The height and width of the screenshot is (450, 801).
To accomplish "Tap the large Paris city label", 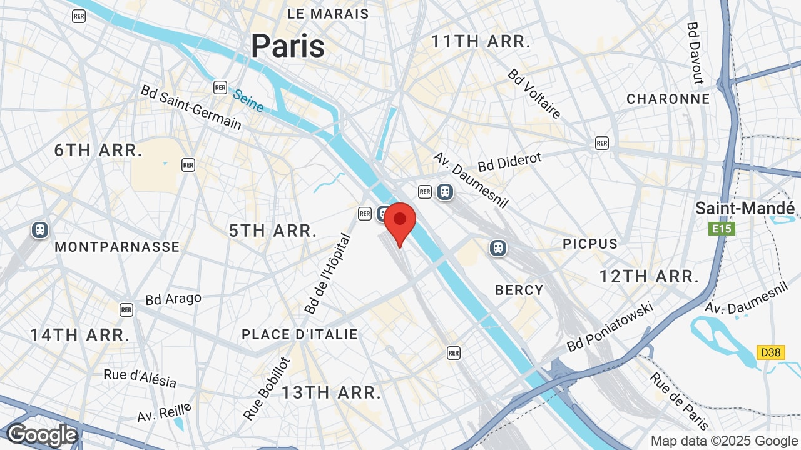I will (288, 46).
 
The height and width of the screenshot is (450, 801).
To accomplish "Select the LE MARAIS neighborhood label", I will (328, 13).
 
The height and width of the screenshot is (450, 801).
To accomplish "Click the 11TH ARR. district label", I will (481, 42).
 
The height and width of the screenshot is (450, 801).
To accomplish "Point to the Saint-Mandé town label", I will (745, 208).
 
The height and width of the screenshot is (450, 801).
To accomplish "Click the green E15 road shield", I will (722, 229).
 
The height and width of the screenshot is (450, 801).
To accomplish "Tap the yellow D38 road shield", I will (771, 352).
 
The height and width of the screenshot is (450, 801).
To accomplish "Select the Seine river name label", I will (248, 101).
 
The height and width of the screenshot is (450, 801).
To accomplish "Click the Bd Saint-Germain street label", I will (191, 107).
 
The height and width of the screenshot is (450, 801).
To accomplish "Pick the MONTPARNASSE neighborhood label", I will (117, 247).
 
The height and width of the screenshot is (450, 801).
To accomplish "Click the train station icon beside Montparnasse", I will (40, 230).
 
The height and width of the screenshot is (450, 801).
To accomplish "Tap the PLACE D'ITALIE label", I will (300, 334).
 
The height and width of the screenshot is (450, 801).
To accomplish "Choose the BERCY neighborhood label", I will (519, 290).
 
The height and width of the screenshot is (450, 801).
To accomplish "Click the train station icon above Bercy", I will (498, 248).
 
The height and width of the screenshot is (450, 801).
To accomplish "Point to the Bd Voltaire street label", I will (534, 94).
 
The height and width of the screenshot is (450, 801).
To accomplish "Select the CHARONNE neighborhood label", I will (668, 99).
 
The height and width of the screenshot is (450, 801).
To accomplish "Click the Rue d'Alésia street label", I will (140, 377).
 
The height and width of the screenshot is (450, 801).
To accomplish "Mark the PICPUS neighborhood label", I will (589, 244).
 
